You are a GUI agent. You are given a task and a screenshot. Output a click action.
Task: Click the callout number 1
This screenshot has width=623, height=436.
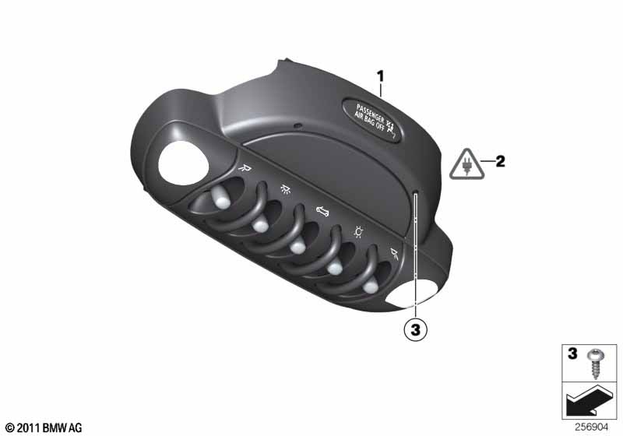(x=381, y=76)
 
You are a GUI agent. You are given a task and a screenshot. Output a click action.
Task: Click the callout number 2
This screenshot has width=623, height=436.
(x=500, y=162)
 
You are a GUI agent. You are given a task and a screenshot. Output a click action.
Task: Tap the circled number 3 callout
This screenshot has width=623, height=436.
(x=416, y=330)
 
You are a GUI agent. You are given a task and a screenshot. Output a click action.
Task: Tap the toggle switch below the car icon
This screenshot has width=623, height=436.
(x=296, y=248)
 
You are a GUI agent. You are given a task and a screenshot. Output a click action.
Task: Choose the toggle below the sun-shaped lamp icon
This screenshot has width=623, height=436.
(x=335, y=268)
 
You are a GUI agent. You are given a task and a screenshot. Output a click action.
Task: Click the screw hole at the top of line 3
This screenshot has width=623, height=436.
(x=417, y=196)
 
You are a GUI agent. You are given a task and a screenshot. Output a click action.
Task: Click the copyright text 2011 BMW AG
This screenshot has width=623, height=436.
(x=43, y=427)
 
